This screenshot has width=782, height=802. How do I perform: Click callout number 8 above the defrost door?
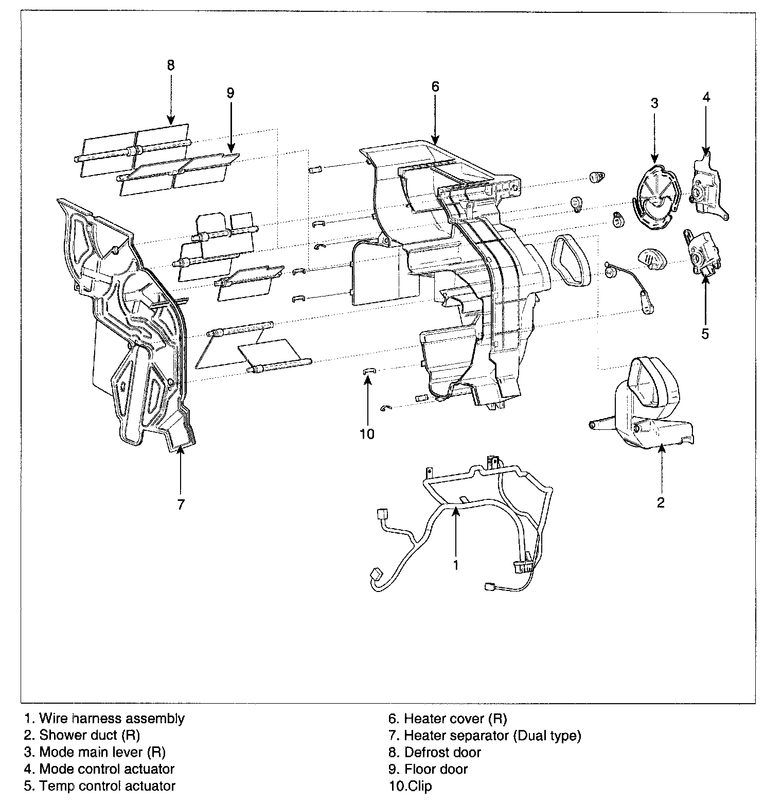[x=171, y=65]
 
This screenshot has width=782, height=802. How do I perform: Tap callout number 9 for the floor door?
[x=230, y=93]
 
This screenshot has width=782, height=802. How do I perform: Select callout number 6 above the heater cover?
[x=435, y=86]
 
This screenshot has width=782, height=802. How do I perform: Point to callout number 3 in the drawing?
[x=654, y=103]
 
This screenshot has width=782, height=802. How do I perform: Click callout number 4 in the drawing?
[x=706, y=96]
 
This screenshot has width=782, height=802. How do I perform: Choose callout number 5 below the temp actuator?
[x=705, y=334]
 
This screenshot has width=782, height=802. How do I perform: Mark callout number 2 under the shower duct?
[x=661, y=502]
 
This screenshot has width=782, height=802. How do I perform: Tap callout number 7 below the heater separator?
[x=181, y=505]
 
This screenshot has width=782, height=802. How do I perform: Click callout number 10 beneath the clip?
[x=367, y=434]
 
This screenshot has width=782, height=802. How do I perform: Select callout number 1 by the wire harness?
[x=455, y=565]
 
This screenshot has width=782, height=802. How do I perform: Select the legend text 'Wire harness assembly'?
[x=112, y=718]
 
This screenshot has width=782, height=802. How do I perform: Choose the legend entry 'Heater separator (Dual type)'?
[x=492, y=736]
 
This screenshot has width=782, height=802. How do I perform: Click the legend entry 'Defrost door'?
[x=442, y=753]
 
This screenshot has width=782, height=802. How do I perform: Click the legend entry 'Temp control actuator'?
[x=107, y=786]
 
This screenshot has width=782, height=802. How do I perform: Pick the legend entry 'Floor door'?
[x=436, y=770]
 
